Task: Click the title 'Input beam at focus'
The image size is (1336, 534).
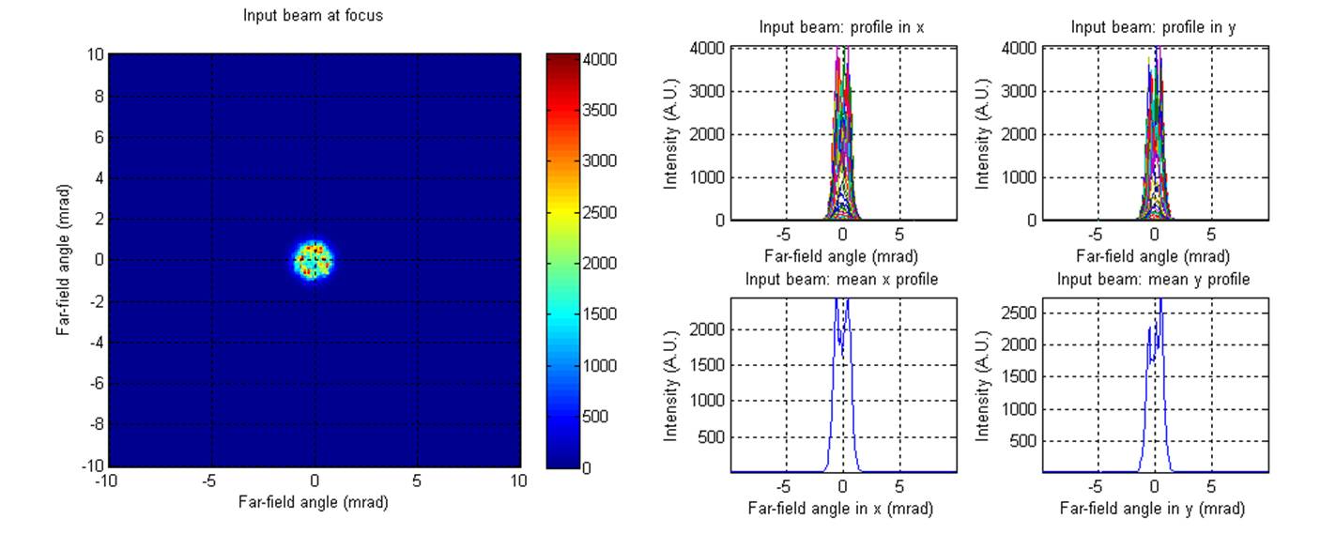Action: click(313, 16)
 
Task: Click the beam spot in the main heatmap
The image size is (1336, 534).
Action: click(315, 259)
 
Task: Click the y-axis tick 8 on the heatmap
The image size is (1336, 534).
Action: click(96, 96)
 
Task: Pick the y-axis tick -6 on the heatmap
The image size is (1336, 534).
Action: click(93, 383)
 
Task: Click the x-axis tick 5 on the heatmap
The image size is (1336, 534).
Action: click(417, 481)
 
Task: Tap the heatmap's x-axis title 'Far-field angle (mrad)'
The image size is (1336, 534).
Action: click(315, 502)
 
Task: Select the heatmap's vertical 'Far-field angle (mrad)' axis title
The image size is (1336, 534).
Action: click(62, 260)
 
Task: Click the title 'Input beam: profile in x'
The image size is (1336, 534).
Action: click(841, 28)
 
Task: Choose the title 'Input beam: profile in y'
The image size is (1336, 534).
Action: click(1153, 28)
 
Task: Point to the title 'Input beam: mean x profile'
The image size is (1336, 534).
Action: click(841, 280)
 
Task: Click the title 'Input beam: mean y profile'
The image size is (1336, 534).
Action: click(1153, 280)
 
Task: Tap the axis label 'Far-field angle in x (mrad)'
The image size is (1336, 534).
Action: click(841, 509)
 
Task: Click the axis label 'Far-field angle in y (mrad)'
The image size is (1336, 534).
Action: click(1153, 509)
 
